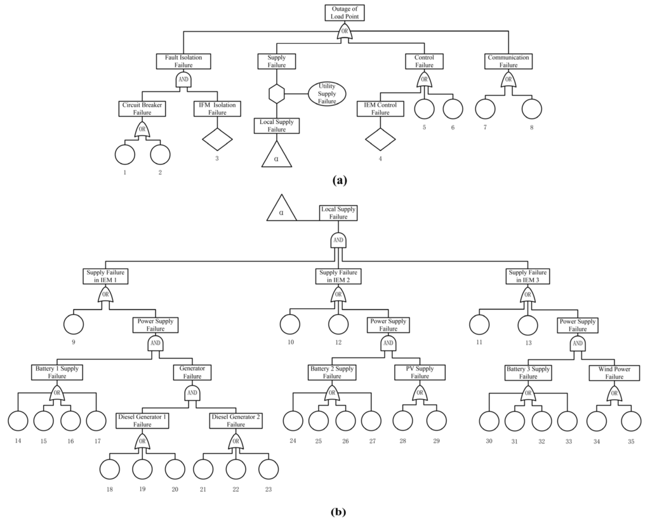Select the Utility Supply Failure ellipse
coord(327,94)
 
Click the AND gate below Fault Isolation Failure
coord(184,79)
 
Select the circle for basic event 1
coord(126,154)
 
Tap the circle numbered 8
coord(532,109)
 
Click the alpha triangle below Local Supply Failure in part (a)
coord(276,154)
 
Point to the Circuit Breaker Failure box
coord(143,109)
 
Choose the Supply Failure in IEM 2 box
coord(338,276)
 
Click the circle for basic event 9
coord(74,324)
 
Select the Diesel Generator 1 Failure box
coord(143,421)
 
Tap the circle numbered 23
coord(269,468)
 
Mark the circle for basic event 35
coord(631,421)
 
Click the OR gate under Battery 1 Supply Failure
coord(57,393)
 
